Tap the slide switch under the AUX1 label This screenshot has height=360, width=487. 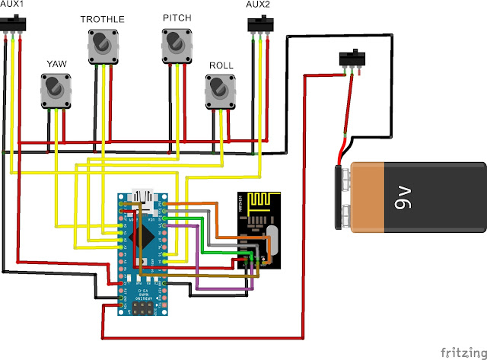[14, 25]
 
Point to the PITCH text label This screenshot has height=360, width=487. [177, 17]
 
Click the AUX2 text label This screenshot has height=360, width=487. [259, 5]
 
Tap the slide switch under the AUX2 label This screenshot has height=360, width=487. [260, 25]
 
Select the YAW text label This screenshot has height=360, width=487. [57, 64]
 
